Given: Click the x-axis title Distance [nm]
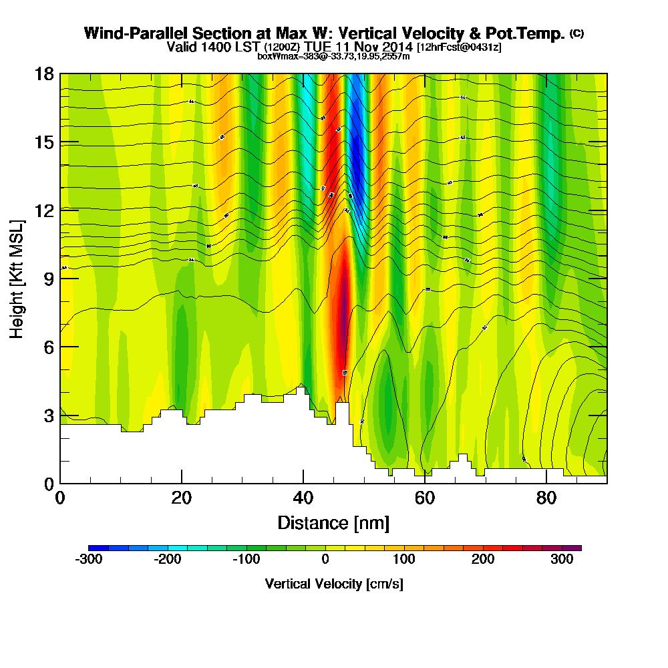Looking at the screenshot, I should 333,522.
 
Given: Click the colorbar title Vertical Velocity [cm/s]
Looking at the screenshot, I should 334,584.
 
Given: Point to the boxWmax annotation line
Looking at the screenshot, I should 333,56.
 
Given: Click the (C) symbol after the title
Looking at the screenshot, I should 576,33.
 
